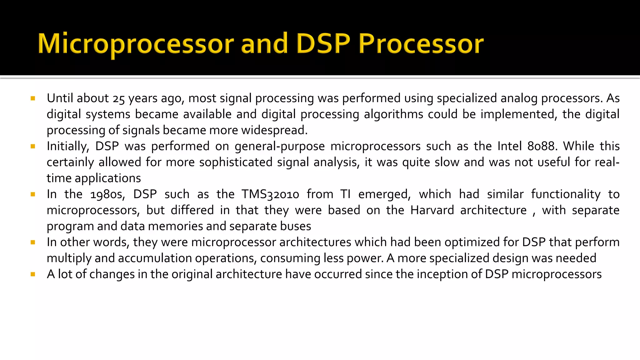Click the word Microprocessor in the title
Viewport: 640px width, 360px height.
pos(136,44)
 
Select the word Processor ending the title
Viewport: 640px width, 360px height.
pos(421,44)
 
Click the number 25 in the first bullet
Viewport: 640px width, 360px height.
pos(119,99)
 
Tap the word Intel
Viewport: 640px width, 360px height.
pos(510,146)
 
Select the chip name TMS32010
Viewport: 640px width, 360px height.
pos(270,194)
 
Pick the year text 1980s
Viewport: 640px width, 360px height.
pos(107,194)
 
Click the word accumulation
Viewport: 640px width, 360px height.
pos(155,258)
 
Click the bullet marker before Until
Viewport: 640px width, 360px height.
pos(33,99)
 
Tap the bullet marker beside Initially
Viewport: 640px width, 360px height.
pos(33,147)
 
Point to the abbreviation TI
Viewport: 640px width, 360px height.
pos(345,194)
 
